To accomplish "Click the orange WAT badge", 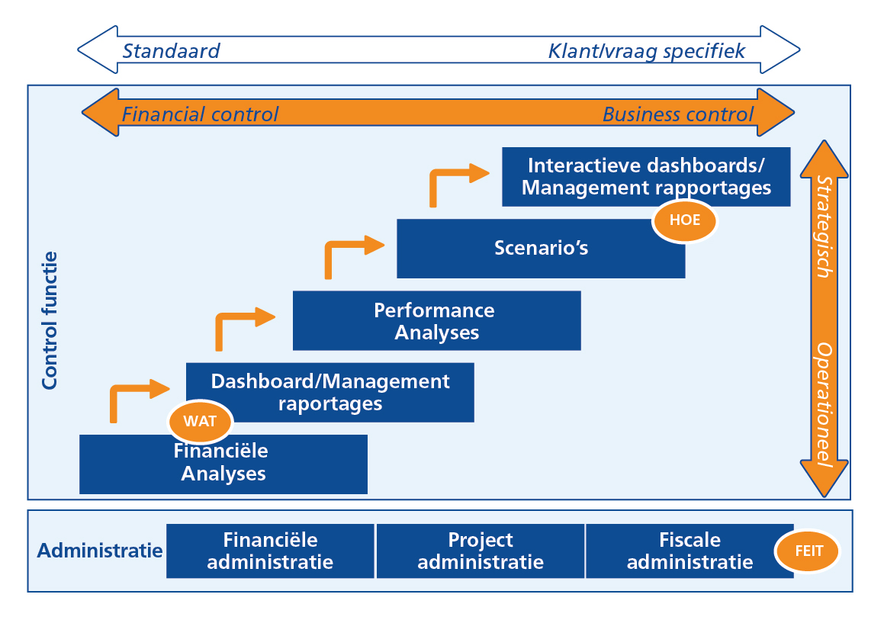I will pos(200,421).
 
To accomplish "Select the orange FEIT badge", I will pos(807,551).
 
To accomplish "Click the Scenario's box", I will pos(541,249).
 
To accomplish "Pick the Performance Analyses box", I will pos(436,321).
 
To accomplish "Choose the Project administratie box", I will pos(481,551).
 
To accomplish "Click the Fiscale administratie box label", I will pos(690,551).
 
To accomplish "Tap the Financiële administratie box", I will pos(270,551).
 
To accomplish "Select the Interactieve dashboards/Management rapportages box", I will pos(646,176).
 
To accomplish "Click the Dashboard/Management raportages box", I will pos(330,392).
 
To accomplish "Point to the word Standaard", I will pos(171,51).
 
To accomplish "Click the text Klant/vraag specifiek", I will pos(646,51).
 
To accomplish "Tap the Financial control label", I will pos(200,114).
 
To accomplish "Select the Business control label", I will pos(677,114).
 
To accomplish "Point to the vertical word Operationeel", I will pos(824,404).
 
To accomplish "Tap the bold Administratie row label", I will pos(100,551).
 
